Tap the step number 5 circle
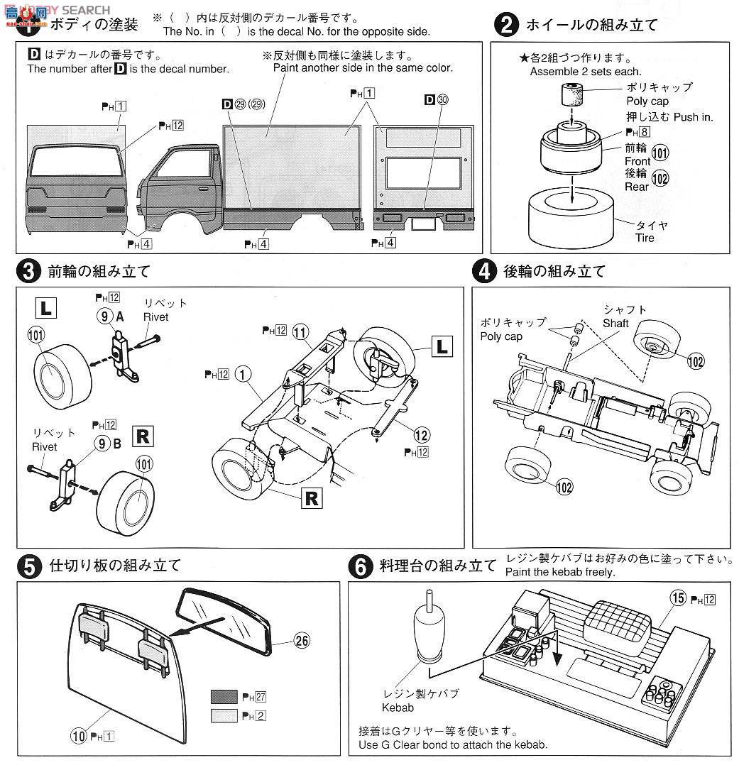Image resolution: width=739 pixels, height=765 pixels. click(28, 566)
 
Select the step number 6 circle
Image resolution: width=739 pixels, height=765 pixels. click(361, 566)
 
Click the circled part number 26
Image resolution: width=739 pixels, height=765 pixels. click(302, 640)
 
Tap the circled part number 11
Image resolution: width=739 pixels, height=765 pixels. click(301, 332)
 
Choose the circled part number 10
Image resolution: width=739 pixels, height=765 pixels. click(78, 736)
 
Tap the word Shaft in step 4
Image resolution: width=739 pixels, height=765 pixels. click(615, 323)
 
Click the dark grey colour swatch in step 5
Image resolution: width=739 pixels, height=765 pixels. click(224, 696)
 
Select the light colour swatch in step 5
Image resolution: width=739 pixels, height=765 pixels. click(224, 715)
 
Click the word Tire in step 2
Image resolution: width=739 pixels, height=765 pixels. click(645, 237)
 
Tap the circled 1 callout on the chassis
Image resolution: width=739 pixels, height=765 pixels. click(243, 373)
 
